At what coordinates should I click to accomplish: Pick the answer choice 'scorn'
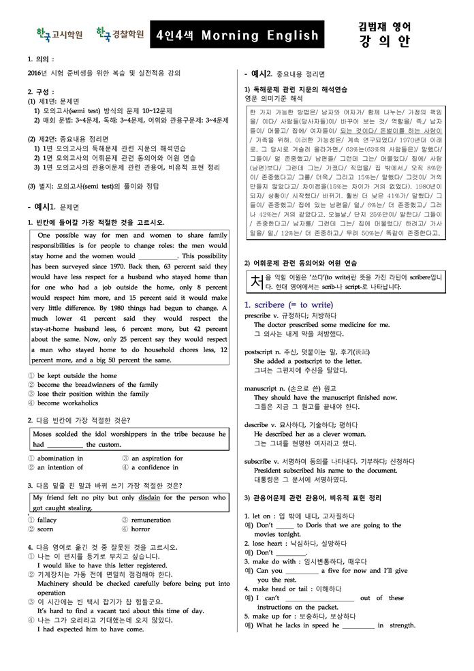45,529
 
